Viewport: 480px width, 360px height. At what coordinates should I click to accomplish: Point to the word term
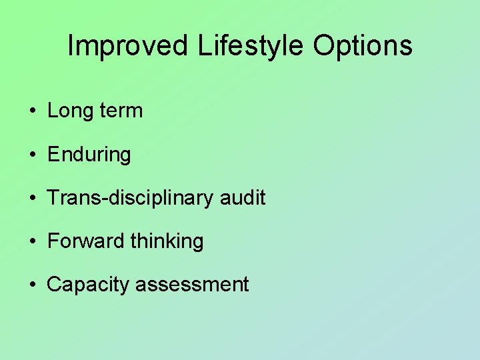tap(121, 111)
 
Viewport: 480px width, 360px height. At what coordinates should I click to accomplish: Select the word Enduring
tap(89, 155)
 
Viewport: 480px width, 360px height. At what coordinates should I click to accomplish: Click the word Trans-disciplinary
tap(133, 197)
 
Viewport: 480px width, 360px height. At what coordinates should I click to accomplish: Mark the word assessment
tap(192, 285)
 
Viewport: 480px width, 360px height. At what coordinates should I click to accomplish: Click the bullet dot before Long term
tap(33, 111)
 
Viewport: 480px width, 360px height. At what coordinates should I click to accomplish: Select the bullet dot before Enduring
tap(33, 155)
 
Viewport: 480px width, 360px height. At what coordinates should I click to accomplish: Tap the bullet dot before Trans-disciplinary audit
tap(33, 198)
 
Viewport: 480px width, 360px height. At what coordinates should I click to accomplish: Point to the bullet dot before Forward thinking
tap(33, 241)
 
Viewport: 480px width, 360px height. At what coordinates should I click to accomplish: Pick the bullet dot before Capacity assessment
tap(33, 285)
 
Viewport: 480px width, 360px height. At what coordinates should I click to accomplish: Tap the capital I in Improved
tap(71, 46)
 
